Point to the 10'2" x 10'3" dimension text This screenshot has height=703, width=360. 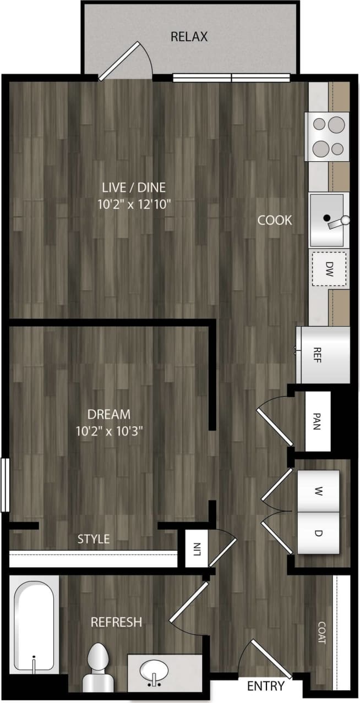click(x=110, y=431)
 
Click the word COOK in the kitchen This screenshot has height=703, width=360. click(x=275, y=220)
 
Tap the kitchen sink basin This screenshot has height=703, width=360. click(x=326, y=219)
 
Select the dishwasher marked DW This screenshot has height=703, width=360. click(x=329, y=269)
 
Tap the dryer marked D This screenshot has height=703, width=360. click(x=318, y=532)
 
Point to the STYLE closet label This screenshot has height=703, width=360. click(x=93, y=539)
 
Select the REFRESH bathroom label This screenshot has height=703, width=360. click(x=116, y=622)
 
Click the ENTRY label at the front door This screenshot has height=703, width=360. click(x=266, y=686)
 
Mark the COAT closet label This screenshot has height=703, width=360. click(x=321, y=633)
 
